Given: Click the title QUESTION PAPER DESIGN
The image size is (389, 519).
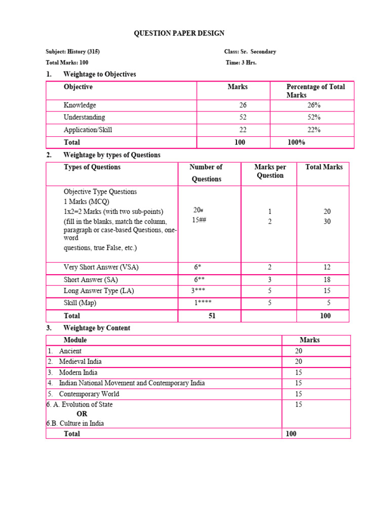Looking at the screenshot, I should (179, 33).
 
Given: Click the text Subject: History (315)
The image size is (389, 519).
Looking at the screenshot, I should (76, 52).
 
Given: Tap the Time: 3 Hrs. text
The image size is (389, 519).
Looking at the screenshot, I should (241, 62).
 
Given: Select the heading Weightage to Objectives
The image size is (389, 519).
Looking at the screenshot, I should (99, 74).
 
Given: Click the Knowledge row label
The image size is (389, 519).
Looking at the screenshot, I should (80, 105).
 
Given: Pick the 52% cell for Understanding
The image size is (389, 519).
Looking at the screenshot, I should (314, 118).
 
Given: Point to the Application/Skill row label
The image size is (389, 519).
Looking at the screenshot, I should (88, 130).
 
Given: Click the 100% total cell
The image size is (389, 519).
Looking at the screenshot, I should (296, 142).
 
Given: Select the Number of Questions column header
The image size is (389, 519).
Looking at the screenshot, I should (206, 173).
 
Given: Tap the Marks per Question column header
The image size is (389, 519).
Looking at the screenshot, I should (270, 171).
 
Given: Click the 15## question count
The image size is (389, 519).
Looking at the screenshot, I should (199, 220).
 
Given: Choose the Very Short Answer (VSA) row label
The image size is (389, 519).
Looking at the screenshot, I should (101, 267).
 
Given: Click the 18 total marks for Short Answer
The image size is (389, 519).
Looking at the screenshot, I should (327, 280).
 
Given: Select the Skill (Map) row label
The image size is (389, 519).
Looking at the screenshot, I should (80, 303).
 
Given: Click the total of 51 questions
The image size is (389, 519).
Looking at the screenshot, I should (212, 316).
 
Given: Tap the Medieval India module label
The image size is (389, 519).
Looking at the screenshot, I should (80, 361).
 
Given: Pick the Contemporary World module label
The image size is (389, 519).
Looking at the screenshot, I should (89, 394).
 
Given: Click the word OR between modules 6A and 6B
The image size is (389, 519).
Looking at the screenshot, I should (82, 414).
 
